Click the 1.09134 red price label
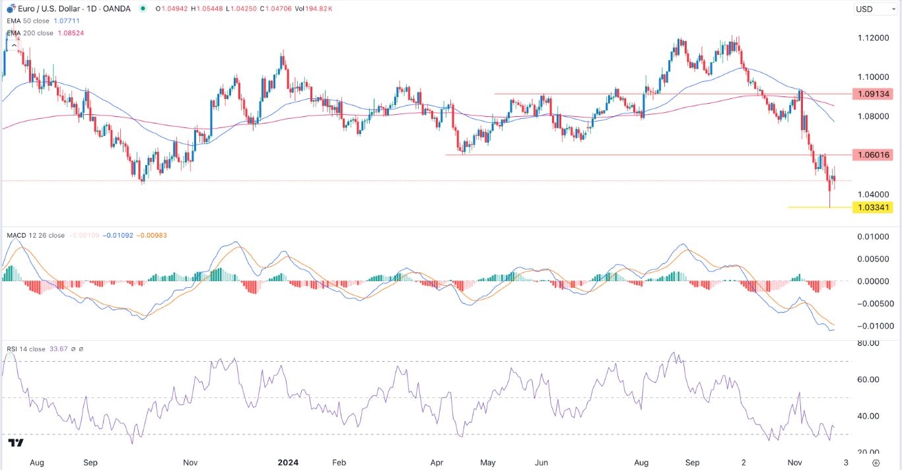point(873,94)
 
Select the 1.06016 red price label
point(873,155)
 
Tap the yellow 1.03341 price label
point(873,207)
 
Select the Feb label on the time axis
point(339,463)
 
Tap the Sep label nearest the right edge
point(692,463)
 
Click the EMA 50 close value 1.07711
point(67,20)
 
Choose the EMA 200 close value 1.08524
point(69,32)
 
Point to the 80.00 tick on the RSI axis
point(868,343)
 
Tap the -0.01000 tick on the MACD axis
point(872,326)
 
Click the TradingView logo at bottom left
point(17,443)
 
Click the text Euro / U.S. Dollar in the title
point(46,9)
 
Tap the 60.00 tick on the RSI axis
point(868,380)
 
